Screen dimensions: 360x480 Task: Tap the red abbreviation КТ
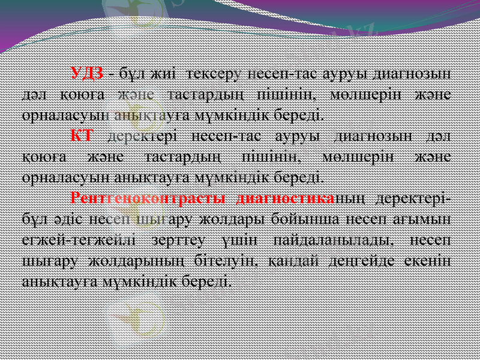pyautogui.click(x=81, y=134)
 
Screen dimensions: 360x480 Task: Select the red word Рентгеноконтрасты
pyautogui.click(x=148, y=197)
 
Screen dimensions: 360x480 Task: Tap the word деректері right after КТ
pyautogui.click(x=143, y=135)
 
